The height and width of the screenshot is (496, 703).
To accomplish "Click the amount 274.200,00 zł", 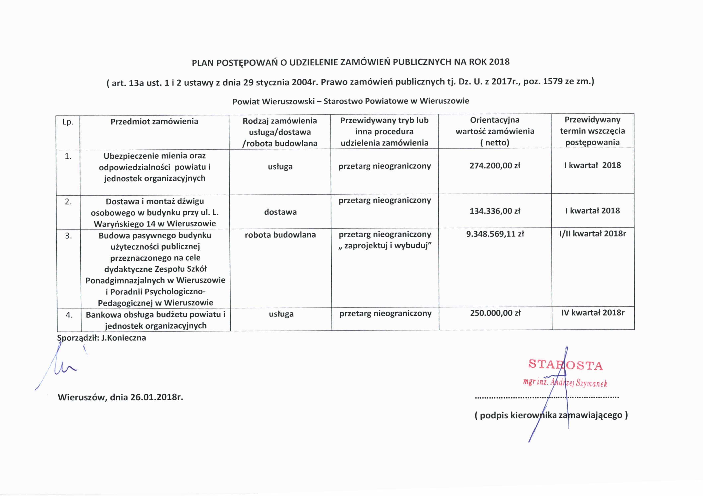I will pyautogui.click(x=495, y=166).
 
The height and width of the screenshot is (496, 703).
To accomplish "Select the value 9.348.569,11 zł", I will pyautogui.click(x=495, y=234).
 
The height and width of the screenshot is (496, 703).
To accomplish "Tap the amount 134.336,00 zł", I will pyautogui.click(x=495, y=211).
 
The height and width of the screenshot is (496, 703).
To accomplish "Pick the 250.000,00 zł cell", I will pyautogui.click(x=495, y=313).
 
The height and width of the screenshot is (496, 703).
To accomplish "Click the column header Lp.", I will pyautogui.click(x=68, y=122).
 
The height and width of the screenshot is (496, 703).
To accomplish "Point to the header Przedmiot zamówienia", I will pyautogui.click(x=154, y=122).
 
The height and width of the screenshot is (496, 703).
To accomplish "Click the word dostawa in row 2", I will pyautogui.click(x=280, y=212).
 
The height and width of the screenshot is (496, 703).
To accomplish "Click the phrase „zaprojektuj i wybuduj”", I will pyautogui.click(x=385, y=246).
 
